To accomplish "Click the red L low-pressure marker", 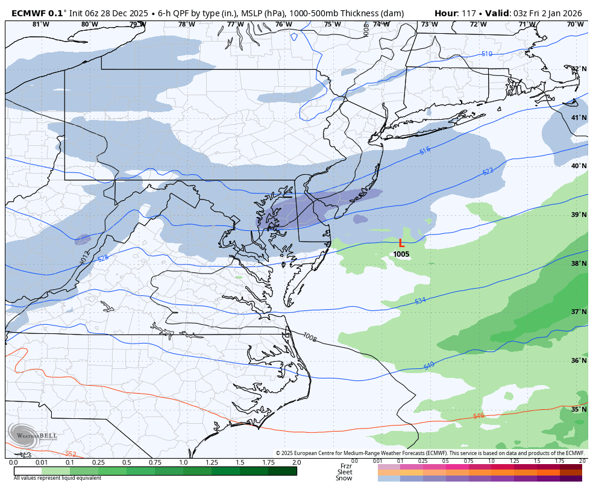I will (401, 243).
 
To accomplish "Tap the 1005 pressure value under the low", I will (401, 254).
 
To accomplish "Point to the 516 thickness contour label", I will (425, 151).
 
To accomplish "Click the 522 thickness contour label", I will (488, 171).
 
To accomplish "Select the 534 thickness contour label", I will (420, 300).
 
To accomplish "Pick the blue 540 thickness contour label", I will (429, 365).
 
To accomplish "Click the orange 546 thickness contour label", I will (478, 416).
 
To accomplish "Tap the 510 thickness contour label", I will (486, 54).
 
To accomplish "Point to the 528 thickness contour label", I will (103, 258).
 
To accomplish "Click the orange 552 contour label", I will (71, 454).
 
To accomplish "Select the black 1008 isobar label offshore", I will (310, 336).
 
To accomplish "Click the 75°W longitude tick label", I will (332, 25).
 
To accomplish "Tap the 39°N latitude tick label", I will (579, 215).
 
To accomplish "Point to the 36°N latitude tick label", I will (579, 360).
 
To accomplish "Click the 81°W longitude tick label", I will (40, 25).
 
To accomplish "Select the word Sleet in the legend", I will (344, 472).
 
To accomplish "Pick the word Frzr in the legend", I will (346, 466).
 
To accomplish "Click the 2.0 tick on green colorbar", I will (296, 462).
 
